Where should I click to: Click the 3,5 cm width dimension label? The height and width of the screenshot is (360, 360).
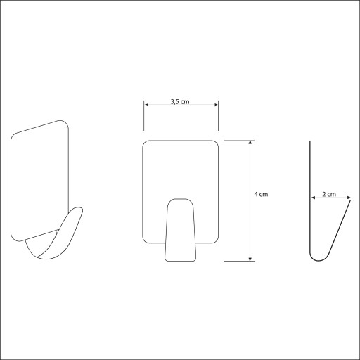180,102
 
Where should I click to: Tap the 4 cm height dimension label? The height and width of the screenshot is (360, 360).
261,194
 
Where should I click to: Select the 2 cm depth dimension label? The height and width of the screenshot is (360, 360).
329,194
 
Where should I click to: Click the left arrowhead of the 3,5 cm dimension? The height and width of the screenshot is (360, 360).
146,105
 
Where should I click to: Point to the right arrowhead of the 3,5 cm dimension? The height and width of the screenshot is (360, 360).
216,105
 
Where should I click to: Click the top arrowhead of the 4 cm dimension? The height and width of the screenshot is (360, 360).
250,143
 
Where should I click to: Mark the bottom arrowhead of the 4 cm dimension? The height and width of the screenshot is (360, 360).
250,259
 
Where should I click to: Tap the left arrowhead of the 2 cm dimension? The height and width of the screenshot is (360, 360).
313,198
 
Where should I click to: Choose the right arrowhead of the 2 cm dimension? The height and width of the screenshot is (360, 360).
348,198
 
